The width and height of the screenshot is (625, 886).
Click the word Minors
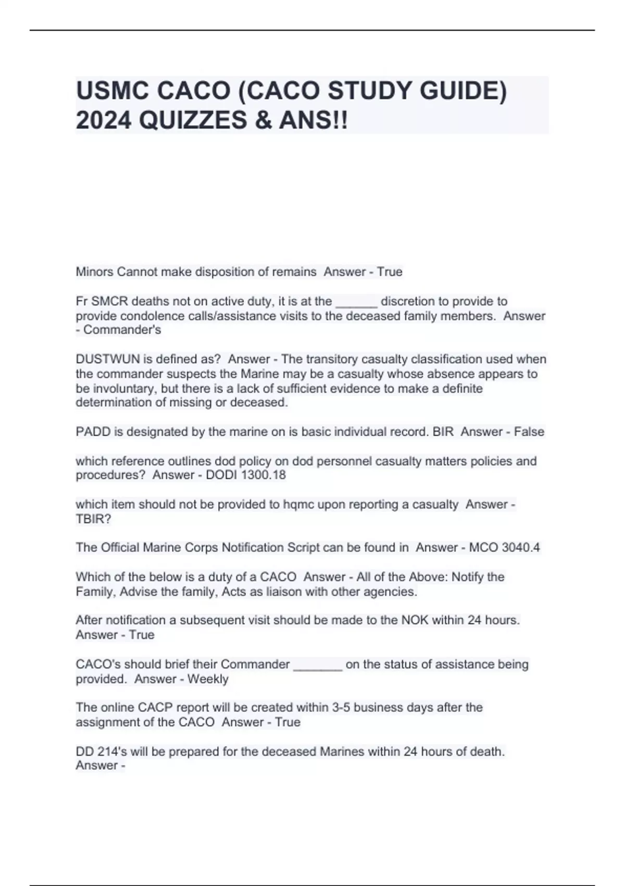pos(94,272)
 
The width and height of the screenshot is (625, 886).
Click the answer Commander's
pos(122,330)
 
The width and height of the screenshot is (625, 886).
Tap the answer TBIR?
pos(93,519)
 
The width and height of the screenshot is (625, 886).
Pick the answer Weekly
pos(208,679)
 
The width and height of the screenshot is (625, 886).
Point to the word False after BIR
pos(529,432)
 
